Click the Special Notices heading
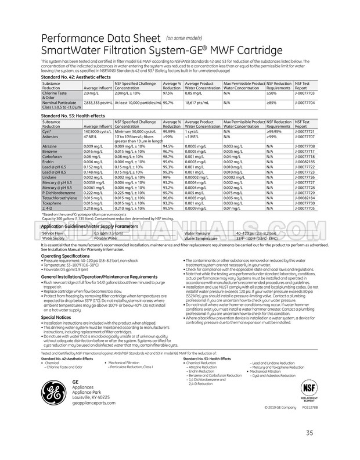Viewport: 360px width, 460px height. pyautogui.click(x=56, y=317)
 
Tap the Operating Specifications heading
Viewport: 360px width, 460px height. pyautogui.click(x=65, y=256)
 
